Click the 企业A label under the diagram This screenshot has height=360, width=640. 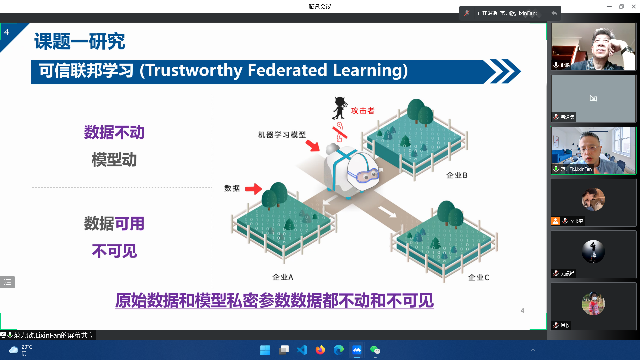(283, 277)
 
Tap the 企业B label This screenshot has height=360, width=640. (457, 175)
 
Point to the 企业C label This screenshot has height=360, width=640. (478, 277)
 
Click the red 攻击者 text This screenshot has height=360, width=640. (363, 111)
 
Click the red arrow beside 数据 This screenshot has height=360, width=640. (253, 189)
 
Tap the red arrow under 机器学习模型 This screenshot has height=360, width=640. (313, 145)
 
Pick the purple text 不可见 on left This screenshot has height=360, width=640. (114, 251)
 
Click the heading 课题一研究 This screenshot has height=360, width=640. (80, 41)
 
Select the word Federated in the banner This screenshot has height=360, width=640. (287, 70)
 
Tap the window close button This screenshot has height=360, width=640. (634, 6)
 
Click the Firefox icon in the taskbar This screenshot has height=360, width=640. (320, 350)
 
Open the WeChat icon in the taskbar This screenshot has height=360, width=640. (375, 350)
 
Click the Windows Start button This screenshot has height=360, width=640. (265, 350)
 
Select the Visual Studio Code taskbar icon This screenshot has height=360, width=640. (302, 350)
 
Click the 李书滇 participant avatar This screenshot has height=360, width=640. (593, 199)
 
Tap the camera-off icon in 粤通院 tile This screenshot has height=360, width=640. (593, 98)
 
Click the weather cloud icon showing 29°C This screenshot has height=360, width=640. (14, 350)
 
